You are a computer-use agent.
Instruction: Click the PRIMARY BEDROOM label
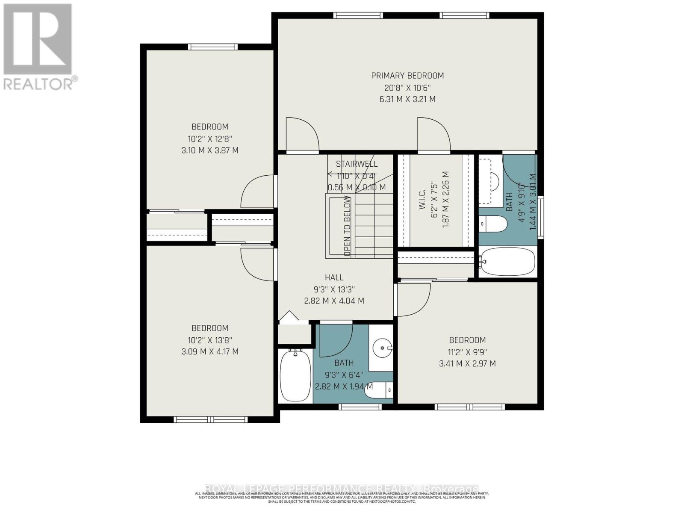[x=407, y=76]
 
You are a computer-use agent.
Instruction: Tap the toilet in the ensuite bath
[x=492, y=223]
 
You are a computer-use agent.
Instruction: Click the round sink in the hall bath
[x=380, y=347]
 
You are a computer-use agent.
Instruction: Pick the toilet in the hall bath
[x=380, y=389]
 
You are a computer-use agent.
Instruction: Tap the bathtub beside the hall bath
[x=295, y=375]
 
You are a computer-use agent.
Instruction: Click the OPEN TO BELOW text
[x=347, y=226]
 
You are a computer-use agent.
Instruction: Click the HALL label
[x=334, y=277]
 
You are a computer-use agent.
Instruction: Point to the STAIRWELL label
[x=357, y=164]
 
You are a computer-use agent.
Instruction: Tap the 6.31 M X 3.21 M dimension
[x=407, y=99]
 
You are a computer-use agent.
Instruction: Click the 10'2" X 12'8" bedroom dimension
[x=209, y=139]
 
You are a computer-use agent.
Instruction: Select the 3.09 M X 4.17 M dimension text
[x=209, y=352]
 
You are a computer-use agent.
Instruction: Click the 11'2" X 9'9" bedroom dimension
[x=467, y=352]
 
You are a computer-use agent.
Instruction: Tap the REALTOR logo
[x=38, y=47]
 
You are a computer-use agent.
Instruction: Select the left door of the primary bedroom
[x=302, y=135]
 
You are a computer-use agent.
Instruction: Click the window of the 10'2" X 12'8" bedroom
[x=212, y=47]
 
